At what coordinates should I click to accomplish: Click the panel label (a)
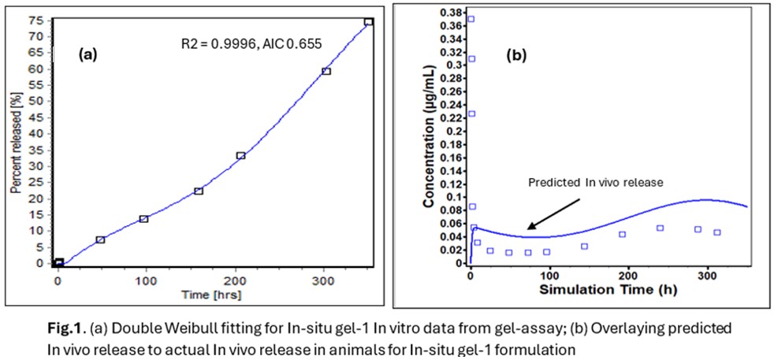click(x=87, y=54)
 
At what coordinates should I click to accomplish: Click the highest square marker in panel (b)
click(x=471, y=19)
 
